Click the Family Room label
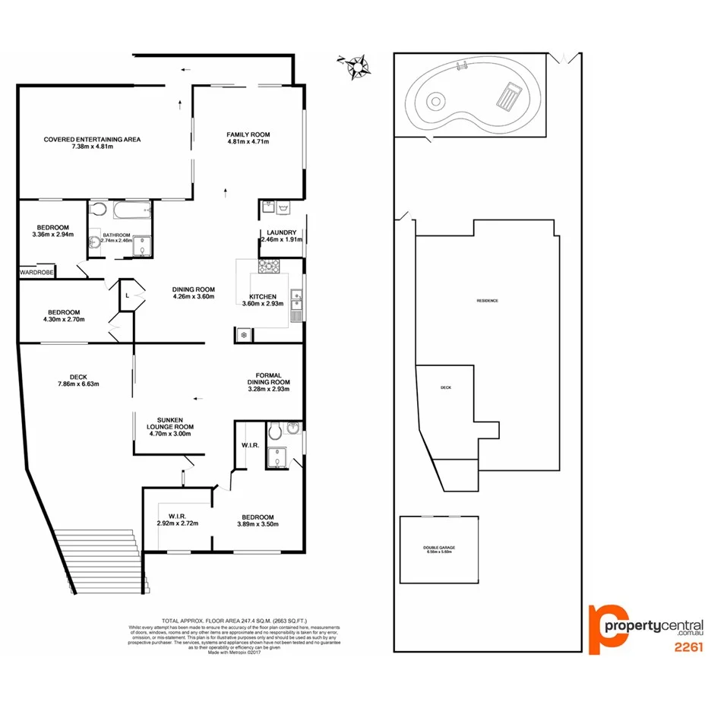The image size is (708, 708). tap(248, 135)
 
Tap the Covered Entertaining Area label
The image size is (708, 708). tap(92, 139)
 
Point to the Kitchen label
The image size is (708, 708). tap(263, 296)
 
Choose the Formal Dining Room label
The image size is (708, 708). tap(264, 375)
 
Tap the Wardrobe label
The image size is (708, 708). tap(36, 272)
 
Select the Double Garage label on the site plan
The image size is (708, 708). tap(438, 548)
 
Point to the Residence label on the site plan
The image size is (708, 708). tap(487, 301)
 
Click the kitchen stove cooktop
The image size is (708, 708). tap(270, 266)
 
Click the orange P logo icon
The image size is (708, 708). tap(608, 627)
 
